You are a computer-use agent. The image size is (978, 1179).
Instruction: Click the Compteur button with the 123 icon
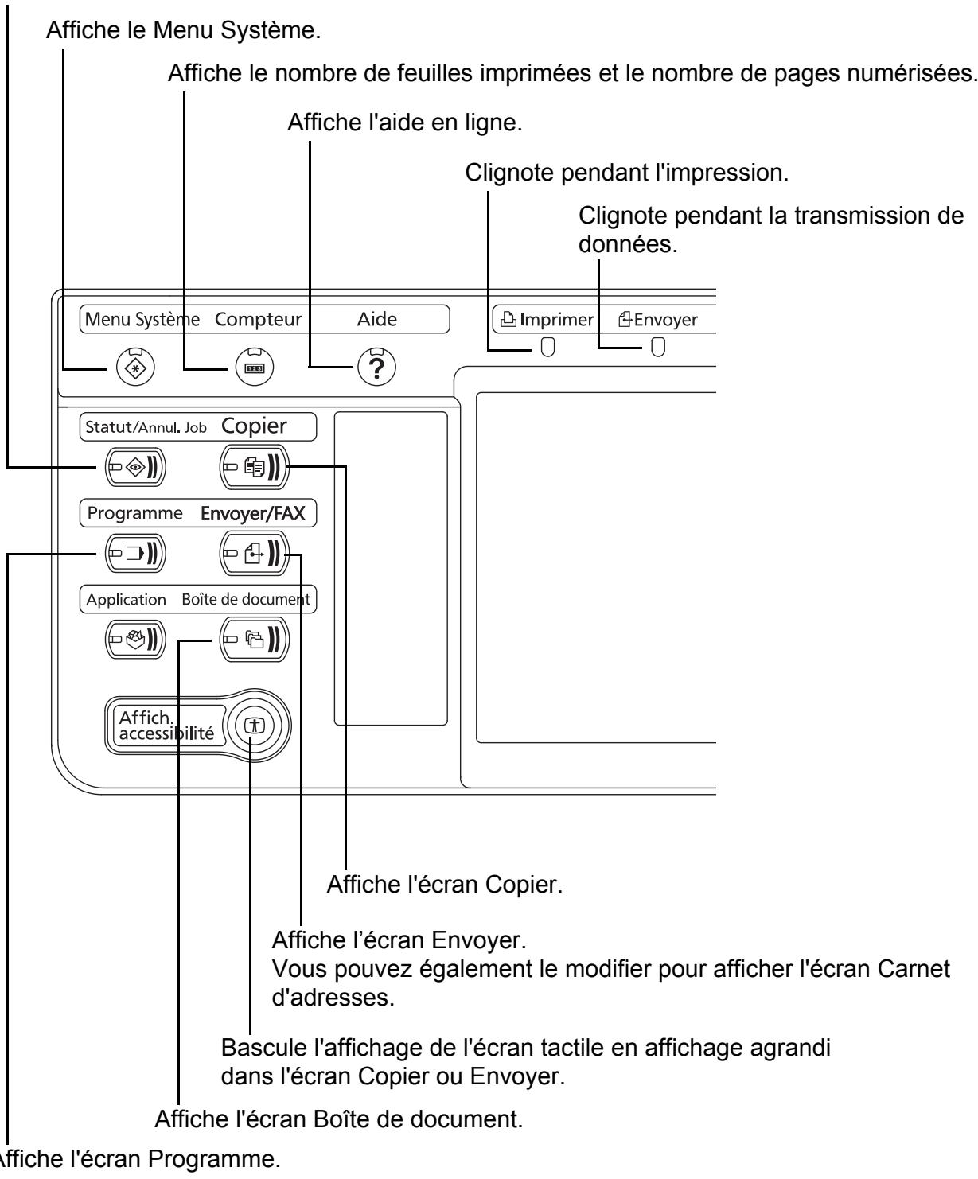[x=254, y=367]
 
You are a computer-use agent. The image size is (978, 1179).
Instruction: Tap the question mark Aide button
[x=377, y=367]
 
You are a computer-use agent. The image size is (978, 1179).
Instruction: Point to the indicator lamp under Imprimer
[x=547, y=348]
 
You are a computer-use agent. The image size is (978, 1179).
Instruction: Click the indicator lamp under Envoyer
[x=657, y=348]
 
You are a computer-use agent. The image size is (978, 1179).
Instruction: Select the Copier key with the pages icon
[x=254, y=467]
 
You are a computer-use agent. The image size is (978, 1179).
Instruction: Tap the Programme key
[x=135, y=554]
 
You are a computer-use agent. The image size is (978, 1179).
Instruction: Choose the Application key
[x=135, y=640]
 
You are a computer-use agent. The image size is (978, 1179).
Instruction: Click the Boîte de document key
[x=254, y=640]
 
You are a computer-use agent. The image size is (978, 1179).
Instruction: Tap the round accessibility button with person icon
[x=255, y=726]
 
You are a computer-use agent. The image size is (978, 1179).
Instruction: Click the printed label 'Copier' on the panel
[x=254, y=426]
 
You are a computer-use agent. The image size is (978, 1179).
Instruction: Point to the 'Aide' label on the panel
[x=377, y=320]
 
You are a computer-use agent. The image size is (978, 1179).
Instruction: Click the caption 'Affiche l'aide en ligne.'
[x=404, y=123]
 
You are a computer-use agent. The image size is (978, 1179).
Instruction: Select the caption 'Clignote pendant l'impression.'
[x=626, y=173]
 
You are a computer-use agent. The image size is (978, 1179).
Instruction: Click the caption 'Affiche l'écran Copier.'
[x=445, y=885]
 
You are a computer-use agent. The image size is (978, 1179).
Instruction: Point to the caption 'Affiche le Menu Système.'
[x=184, y=30]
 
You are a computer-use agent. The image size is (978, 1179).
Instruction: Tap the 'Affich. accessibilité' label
[x=166, y=726]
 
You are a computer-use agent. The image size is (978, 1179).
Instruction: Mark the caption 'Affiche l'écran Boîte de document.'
[x=339, y=1119]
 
